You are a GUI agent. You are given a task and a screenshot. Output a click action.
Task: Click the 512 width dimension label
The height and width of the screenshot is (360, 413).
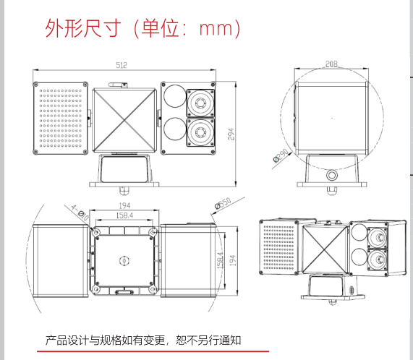(122, 65)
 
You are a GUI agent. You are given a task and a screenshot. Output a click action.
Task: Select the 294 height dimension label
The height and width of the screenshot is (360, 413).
(231, 134)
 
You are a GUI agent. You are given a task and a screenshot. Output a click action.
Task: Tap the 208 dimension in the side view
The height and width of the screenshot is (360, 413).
(331, 64)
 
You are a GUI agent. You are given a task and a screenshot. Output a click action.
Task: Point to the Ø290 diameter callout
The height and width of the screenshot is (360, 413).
(281, 156)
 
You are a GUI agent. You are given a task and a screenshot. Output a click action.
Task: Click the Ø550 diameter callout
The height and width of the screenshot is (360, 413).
(223, 203)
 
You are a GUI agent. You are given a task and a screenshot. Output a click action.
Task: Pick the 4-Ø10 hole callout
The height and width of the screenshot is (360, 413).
(80, 213)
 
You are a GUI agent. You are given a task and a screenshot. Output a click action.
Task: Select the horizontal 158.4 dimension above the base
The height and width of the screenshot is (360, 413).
(124, 215)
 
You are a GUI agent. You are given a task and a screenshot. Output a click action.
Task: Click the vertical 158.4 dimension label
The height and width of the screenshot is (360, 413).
(220, 260)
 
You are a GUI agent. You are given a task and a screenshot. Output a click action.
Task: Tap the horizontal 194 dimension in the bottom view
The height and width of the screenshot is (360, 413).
(124, 205)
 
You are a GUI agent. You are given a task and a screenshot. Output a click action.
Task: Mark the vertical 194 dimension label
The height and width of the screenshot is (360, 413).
(233, 260)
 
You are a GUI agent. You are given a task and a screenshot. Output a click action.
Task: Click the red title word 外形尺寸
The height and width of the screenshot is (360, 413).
(83, 28)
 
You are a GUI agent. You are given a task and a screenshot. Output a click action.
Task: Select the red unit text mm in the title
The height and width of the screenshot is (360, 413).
(216, 28)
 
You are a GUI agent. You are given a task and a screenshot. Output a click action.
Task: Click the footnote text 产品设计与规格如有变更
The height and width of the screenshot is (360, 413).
(106, 340)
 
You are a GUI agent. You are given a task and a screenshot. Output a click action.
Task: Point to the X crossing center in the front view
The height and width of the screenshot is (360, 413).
(124, 120)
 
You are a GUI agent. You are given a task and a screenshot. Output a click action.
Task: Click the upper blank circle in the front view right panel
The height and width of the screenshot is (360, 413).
(175, 96)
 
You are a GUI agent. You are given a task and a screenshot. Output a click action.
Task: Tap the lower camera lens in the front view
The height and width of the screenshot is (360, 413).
(200, 132)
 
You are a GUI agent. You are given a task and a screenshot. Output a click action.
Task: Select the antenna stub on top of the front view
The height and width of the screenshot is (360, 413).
(118, 85)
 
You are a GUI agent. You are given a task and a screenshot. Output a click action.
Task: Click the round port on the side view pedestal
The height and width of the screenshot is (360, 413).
(331, 175)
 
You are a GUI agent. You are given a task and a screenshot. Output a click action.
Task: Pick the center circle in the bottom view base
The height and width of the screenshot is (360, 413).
(124, 261)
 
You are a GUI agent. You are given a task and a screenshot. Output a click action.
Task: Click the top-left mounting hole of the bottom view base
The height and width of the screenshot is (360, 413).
(95, 232)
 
